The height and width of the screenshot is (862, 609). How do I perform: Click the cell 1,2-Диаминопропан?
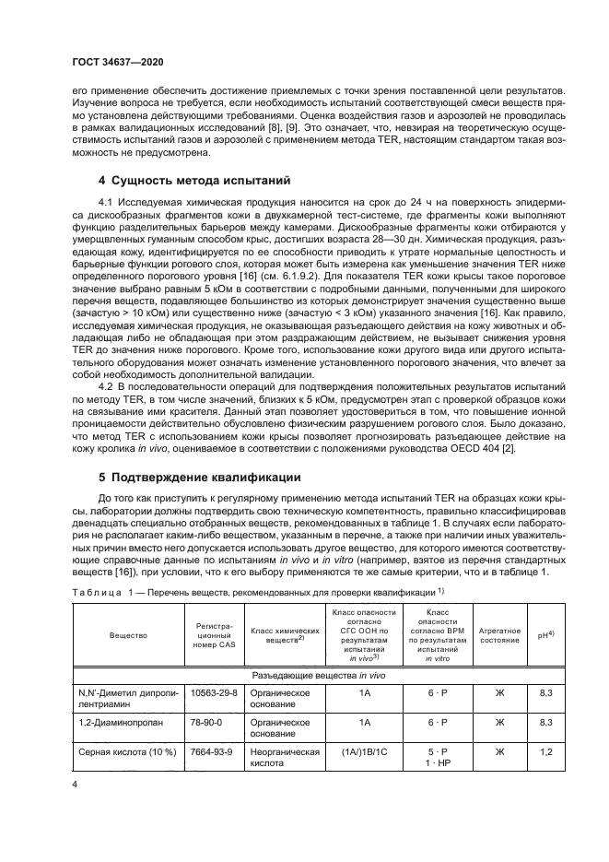click(115, 722)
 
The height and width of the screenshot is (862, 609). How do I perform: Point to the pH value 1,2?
click(545, 752)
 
